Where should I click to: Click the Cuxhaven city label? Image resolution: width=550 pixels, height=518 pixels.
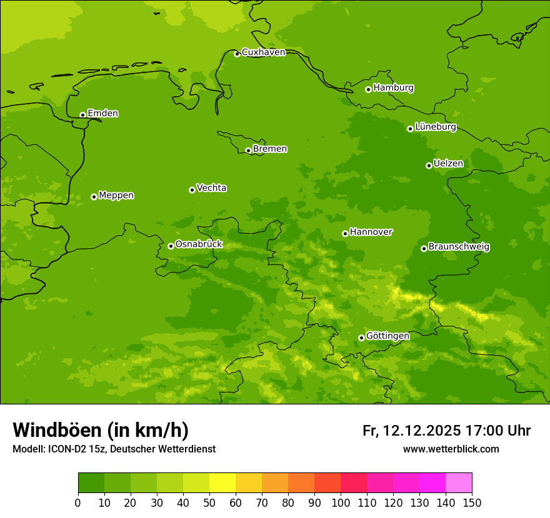263,52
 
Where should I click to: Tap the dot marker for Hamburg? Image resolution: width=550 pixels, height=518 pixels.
368,89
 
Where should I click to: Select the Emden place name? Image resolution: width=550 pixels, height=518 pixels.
102,114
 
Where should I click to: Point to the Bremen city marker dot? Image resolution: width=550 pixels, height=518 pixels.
248,150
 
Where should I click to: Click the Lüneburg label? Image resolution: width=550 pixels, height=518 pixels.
435,127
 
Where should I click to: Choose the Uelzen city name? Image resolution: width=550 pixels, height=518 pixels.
448,164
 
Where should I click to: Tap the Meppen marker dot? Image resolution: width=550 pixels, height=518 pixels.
94,197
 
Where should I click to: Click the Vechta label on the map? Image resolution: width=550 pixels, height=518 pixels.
211,188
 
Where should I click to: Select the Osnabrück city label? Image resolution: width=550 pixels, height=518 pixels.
199,244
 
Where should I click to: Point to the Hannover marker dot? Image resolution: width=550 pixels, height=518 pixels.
345,233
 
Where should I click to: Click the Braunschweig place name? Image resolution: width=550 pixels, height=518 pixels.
459,247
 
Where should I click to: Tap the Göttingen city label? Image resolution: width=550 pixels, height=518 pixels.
387,336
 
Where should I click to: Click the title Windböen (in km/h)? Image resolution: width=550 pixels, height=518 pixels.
101,430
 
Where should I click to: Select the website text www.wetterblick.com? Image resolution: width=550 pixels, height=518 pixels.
451,449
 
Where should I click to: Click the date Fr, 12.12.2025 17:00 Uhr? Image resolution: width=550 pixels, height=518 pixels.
446,431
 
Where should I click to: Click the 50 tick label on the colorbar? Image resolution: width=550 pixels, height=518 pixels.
209,502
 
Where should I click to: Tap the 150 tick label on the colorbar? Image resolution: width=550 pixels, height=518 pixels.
472,502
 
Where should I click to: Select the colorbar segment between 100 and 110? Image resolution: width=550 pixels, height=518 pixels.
354,483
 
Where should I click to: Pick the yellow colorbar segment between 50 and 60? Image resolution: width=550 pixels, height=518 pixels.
222,483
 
